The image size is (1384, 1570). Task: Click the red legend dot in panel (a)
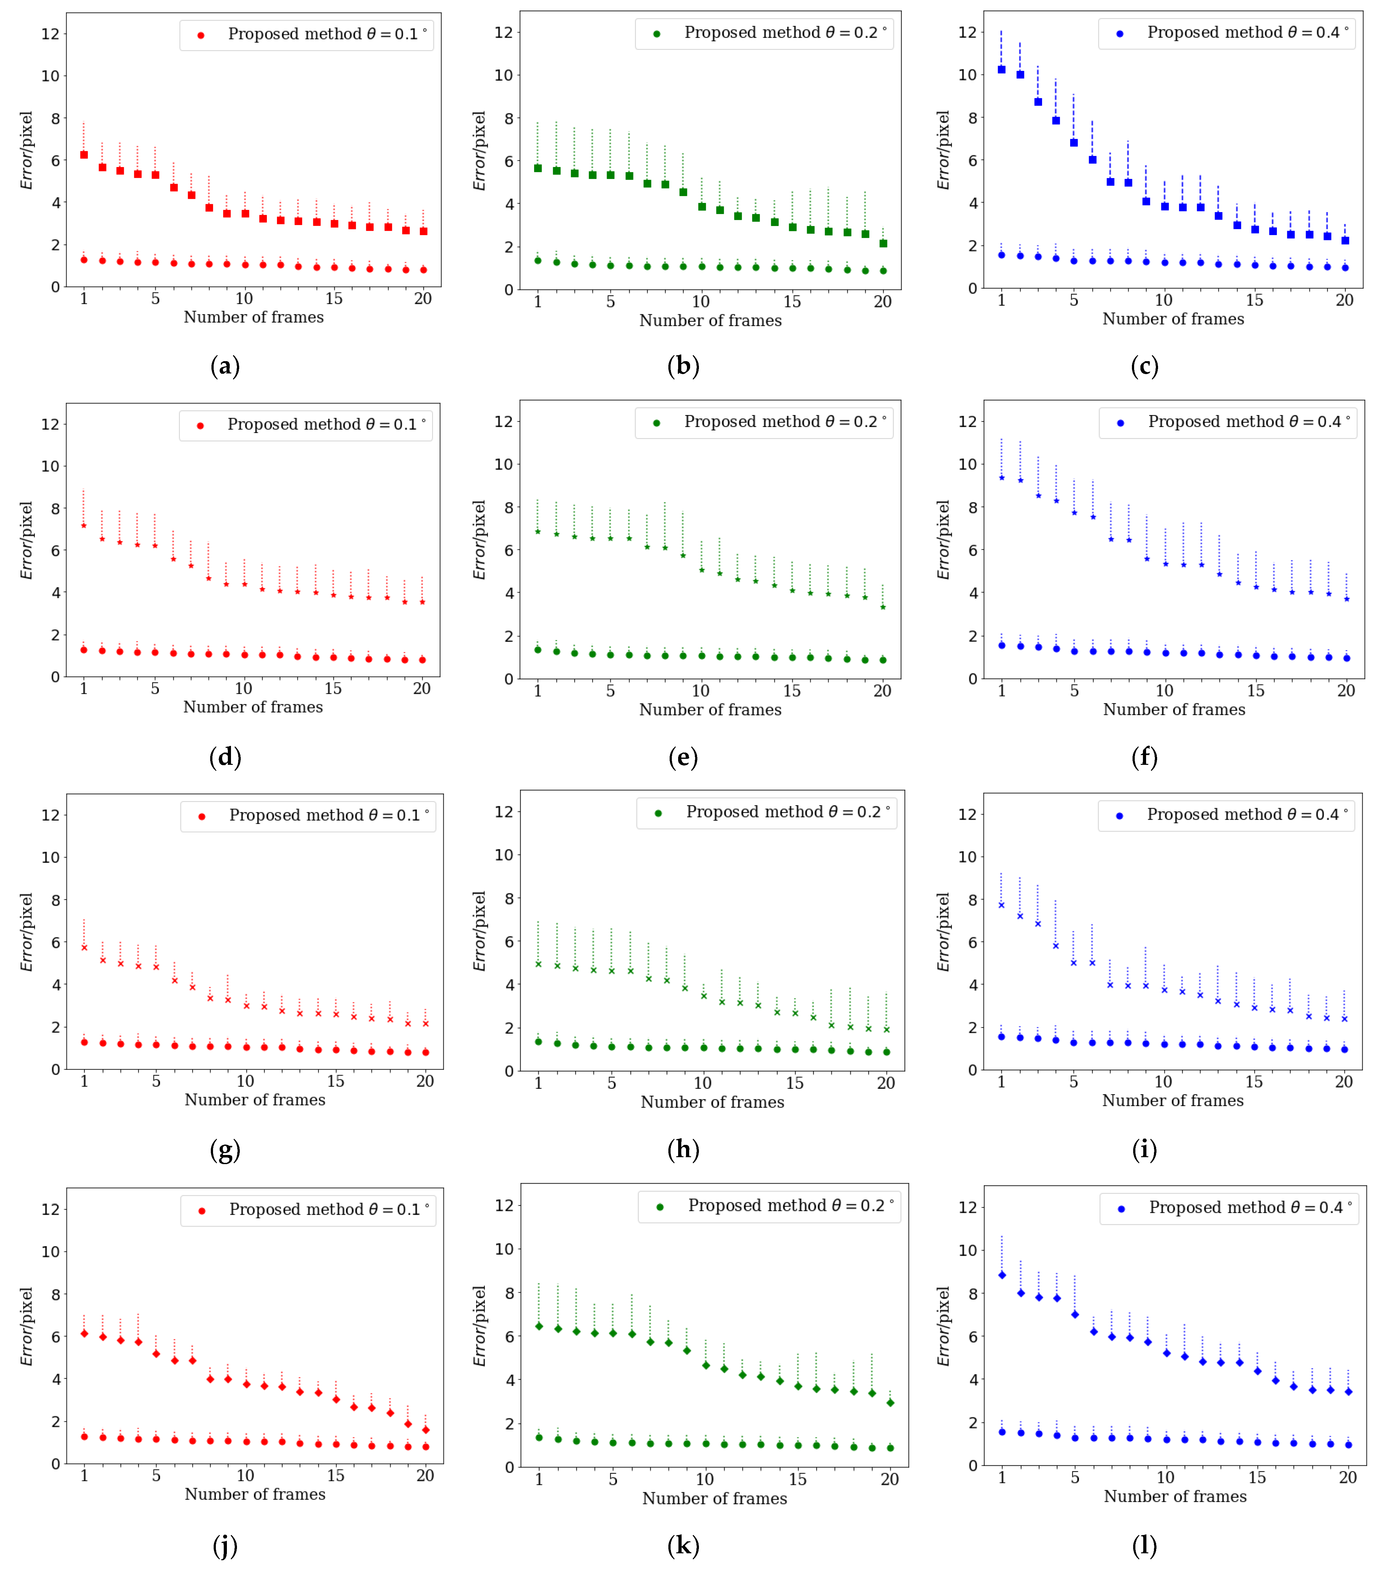click(200, 35)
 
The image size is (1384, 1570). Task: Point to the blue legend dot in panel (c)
click(1120, 34)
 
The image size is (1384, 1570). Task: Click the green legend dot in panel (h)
click(658, 813)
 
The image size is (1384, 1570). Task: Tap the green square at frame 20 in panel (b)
click(883, 244)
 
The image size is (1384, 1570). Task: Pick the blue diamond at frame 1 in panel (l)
click(1002, 1275)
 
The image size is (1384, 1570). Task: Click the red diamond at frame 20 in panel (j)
click(425, 1430)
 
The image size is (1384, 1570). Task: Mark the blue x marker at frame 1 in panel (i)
click(1001, 905)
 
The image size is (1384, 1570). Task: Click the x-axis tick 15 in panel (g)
click(336, 1082)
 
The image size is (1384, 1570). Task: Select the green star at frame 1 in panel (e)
click(538, 532)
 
